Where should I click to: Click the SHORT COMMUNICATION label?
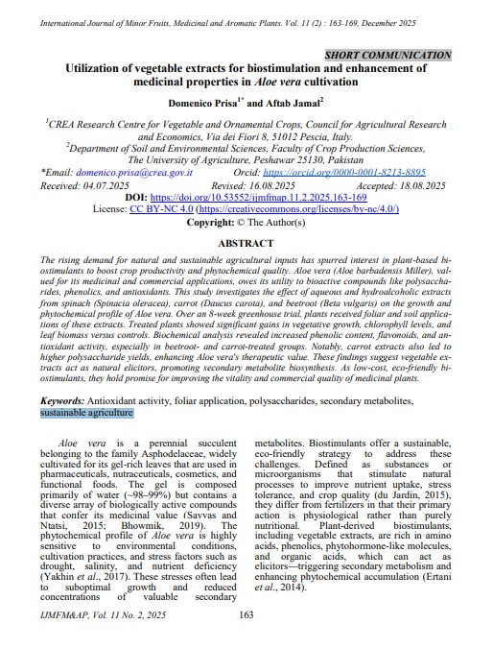[388, 56]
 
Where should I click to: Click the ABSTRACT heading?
[246, 244]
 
